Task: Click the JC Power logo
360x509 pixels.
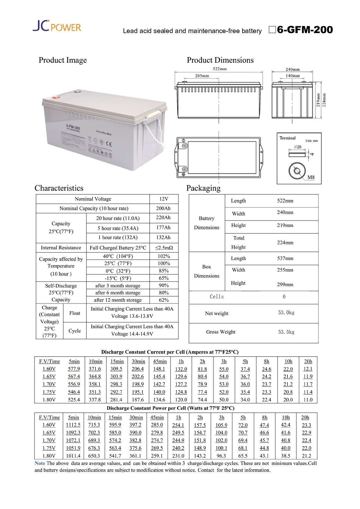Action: click(57, 26)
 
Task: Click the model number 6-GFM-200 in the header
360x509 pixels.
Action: click(305, 30)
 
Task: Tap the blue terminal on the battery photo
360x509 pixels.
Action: click(77, 92)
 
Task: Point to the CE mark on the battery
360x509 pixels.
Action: click(109, 144)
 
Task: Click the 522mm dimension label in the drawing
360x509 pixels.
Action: click(220, 69)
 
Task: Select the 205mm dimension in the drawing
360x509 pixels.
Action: click(202, 76)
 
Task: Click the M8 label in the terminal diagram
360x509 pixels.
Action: click(311, 177)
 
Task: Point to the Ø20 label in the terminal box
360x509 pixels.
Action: click(297, 147)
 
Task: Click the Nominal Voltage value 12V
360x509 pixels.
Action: click(164, 199)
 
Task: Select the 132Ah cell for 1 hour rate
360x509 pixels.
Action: click(163, 237)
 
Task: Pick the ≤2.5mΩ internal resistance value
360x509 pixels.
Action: click(164, 248)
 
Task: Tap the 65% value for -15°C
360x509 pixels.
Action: click(164, 278)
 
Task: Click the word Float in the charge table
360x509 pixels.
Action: click(75, 313)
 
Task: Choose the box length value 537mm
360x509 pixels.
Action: click(285, 258)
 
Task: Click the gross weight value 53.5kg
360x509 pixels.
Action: click(286, 332)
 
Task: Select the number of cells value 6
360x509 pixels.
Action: click(284, 297)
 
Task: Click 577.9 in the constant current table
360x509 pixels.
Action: click(74, 369)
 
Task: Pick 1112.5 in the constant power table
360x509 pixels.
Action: click(73, 425)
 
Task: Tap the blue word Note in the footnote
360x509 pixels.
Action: click(40, 463)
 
